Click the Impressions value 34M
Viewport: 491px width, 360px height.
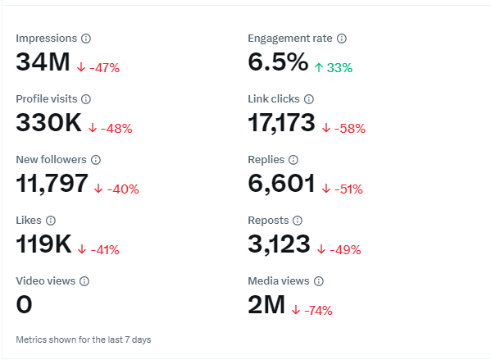(43, 62)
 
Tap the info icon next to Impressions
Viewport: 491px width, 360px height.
(86, 39)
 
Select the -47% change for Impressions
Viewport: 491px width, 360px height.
(105, 68)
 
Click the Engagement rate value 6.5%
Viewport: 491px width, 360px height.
(278, 62)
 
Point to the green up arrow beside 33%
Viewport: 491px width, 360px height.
(319, 68)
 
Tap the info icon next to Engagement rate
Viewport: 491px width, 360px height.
(342, 39)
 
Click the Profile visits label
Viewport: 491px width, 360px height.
(47, 99)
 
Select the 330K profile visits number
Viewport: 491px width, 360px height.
(49, 122)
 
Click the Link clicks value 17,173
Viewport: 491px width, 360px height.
(281, 122)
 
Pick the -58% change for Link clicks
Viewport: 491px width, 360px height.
(350, 129)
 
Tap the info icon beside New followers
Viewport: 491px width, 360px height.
(96, 160)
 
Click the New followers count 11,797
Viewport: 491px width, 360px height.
(52, 184)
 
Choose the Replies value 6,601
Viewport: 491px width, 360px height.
(281, 184)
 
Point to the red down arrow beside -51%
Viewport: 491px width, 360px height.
(326, 189)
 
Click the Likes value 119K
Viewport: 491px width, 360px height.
(43, 244)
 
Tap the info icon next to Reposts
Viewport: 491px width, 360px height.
(298, 221)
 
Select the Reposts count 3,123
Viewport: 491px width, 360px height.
(279, 244)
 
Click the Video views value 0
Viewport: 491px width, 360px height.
(24, 304)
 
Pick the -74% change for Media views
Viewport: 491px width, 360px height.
(319, 311)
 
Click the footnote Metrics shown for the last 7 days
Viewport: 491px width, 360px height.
(84, 339)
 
